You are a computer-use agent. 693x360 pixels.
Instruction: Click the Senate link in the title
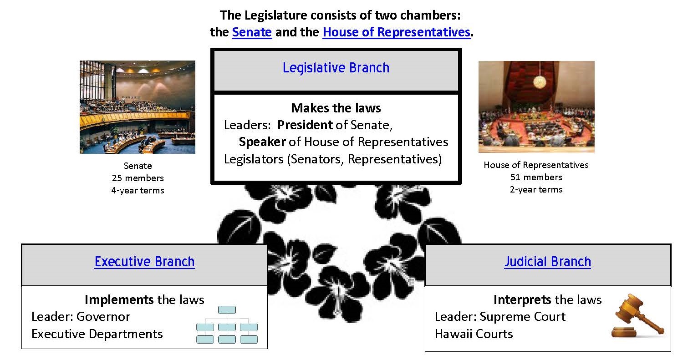click(252, 32)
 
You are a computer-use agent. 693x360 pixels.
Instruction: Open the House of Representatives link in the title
click(396, 32)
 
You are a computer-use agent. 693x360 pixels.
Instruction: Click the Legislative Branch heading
click(336, 68)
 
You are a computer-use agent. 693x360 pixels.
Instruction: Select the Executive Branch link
click(144, 262)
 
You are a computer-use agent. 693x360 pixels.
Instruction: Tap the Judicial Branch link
click(547, 262)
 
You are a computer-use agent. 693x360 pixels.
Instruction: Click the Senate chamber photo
click(138, 107)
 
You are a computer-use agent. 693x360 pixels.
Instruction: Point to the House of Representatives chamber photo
click(536, 107)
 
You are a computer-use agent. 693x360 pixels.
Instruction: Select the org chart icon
click(227, 325)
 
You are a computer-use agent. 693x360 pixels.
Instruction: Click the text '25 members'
click(138, 178)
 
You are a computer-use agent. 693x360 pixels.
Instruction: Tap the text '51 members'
click(536, 177)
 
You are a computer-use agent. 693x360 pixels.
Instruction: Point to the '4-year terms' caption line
click(138, 190)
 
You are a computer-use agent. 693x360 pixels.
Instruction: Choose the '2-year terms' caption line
click(536, 190)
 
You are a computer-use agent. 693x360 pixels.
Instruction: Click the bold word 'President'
click(305, 125)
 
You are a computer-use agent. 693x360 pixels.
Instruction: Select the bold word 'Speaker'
click(262, 142)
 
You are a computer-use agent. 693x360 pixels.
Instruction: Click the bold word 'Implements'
click(119, 299)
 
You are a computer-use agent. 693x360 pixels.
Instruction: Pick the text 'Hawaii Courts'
click(474, 334)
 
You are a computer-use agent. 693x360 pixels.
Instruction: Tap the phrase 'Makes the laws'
click(336, 108)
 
